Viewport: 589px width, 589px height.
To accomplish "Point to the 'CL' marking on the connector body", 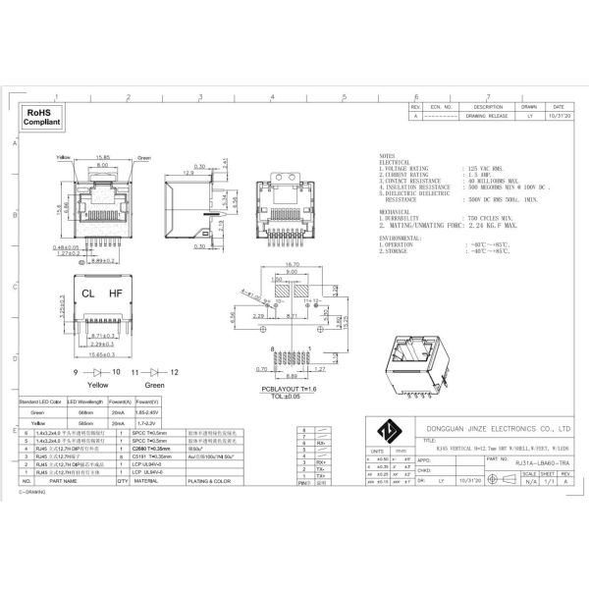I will [x=88, y=293].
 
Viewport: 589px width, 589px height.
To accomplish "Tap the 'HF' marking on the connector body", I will [x=116, y=293].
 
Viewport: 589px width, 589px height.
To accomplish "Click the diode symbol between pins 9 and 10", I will [x=96, y=373].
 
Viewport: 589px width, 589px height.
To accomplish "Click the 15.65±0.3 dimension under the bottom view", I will [x=103, y=353].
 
